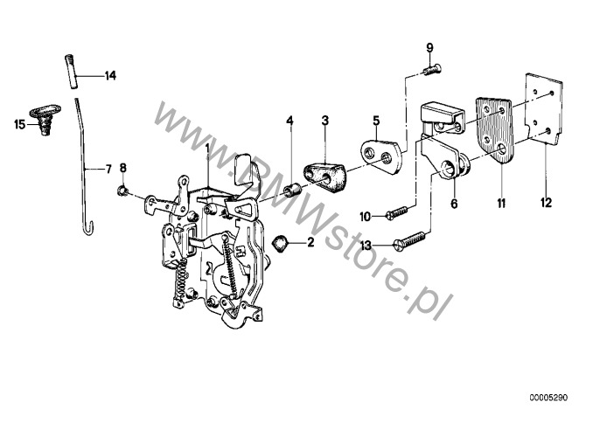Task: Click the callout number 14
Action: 110,76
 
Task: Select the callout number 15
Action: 20,124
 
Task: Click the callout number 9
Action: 430,46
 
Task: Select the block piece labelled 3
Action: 324,172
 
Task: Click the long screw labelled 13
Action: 412,237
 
